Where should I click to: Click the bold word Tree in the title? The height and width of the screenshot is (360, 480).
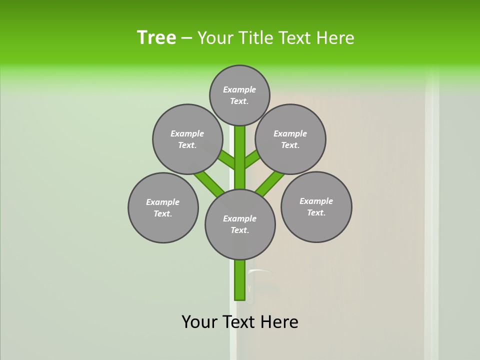(x=156, y=38)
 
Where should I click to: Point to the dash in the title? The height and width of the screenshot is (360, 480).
(x=186, y=38)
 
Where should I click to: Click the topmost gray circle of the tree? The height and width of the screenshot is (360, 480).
(x=239, y=95)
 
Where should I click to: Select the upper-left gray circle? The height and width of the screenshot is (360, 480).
(x=187, y=139)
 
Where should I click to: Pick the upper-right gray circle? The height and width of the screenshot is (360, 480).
(x=290, y=139)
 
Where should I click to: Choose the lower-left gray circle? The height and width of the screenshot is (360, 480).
(x=163, y=207)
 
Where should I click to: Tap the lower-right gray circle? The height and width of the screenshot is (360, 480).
(x=316, y=206)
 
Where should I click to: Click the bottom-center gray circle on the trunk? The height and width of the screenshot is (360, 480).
(x=240, y=224)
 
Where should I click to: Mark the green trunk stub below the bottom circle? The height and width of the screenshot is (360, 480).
(x=240, y=280)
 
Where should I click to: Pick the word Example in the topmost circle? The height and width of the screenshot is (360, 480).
(x=239, y=89)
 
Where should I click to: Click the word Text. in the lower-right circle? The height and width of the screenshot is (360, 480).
(x=316, y=212)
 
